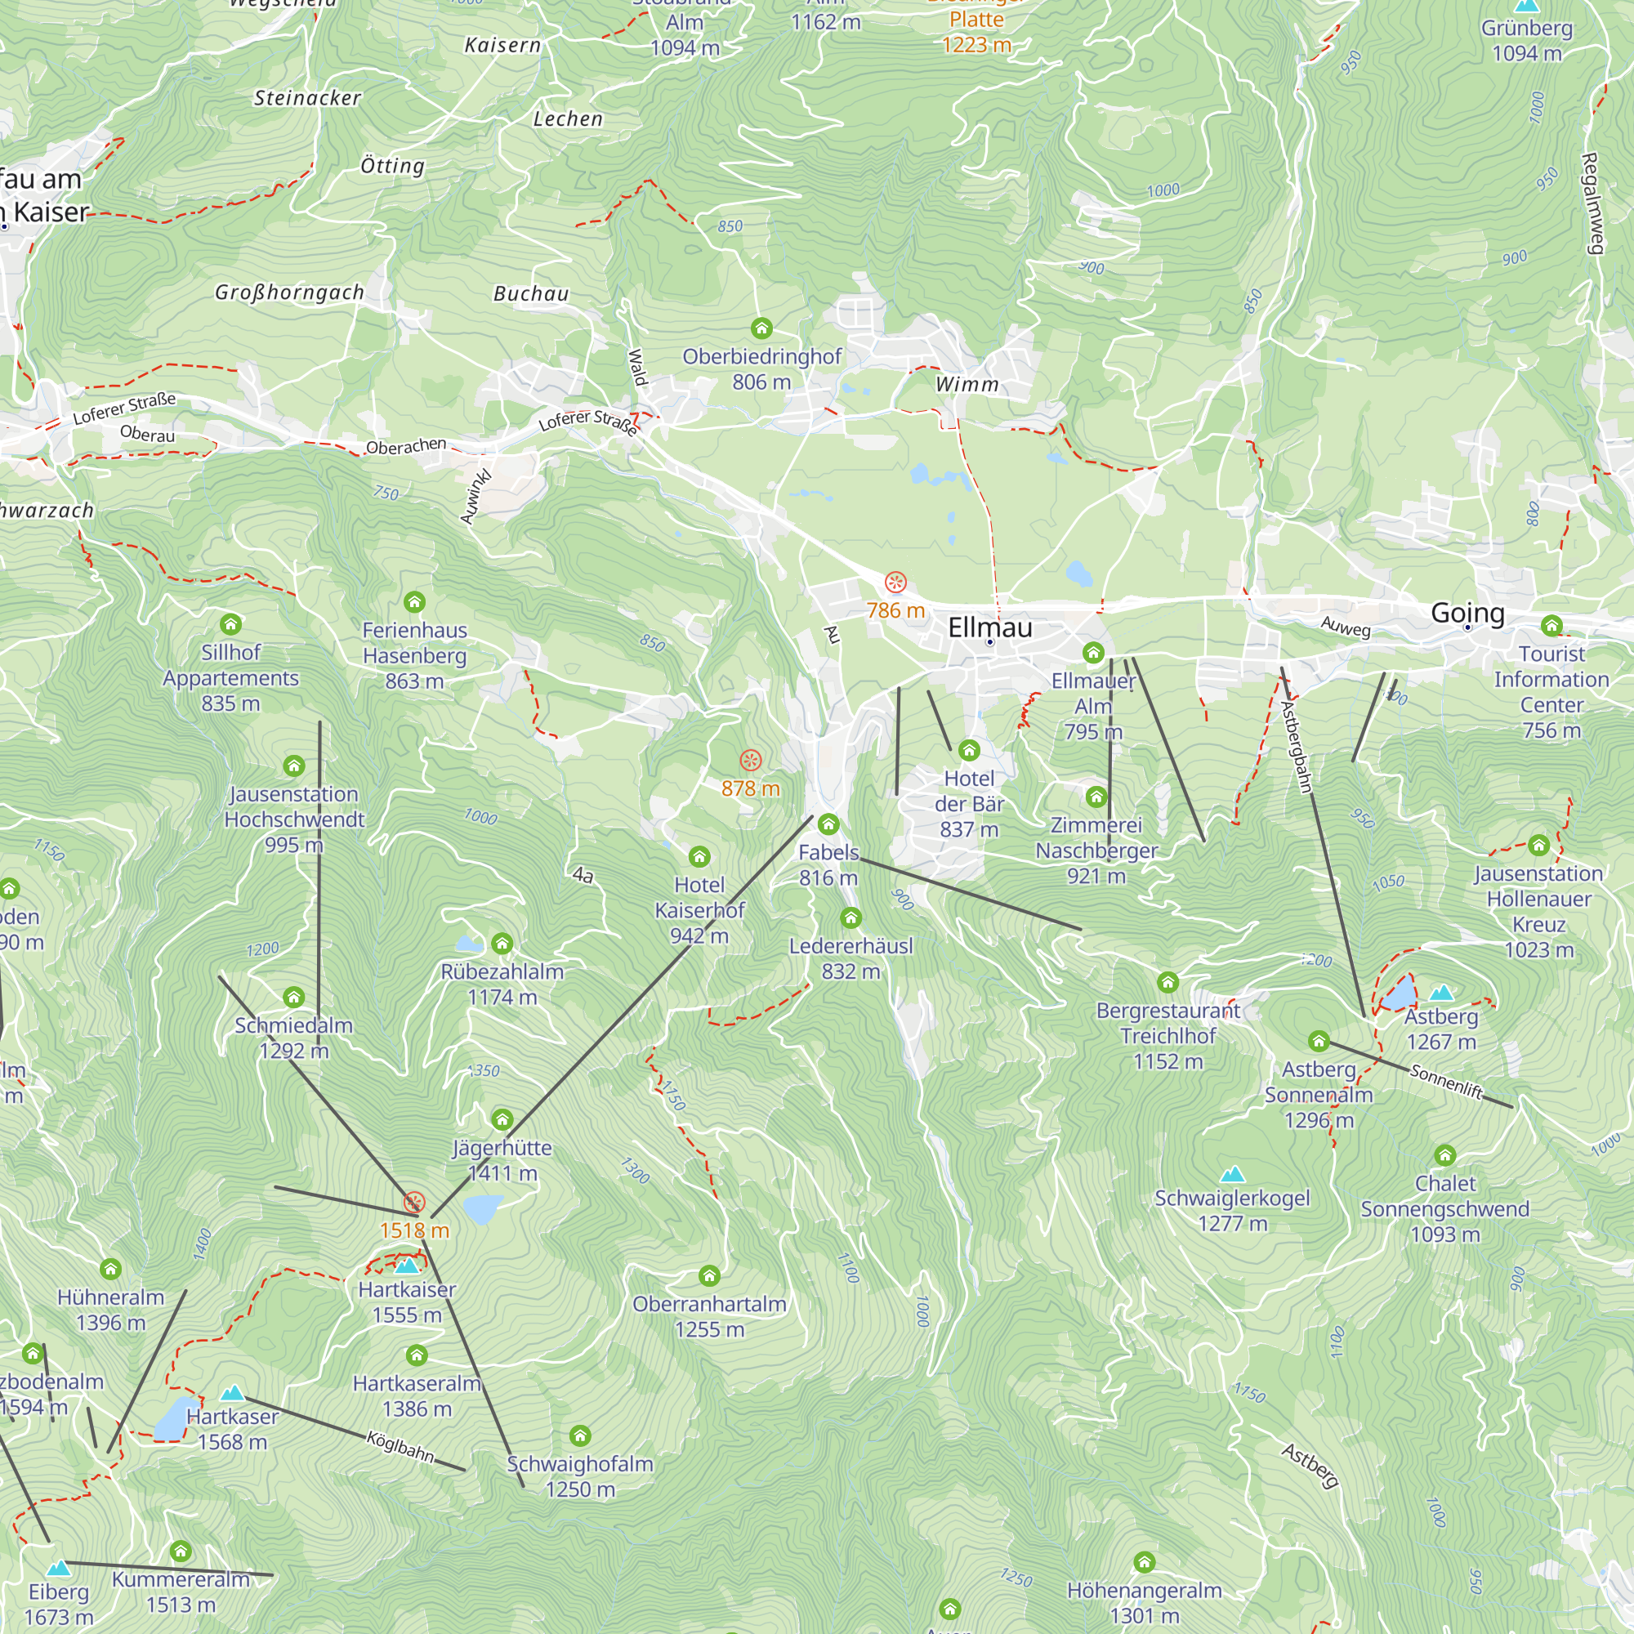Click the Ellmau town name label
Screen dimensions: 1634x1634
[x=989, y=627]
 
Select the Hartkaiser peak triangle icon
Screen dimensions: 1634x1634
[x=407, y=1266]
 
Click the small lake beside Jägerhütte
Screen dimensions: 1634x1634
[x=483, y=1208]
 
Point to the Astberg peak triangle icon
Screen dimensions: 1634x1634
[x=1441, y=992]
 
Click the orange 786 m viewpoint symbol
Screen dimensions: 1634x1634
[x=895, y=583]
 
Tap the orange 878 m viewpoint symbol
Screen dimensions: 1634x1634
[x=750, y=761]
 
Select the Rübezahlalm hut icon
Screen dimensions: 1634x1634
[x=502, y=944]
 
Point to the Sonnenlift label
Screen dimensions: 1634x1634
[x=1445, y=1082]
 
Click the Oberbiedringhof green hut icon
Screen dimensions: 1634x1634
[x=761, y=328]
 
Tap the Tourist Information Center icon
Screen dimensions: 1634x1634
[x=1551, y=626]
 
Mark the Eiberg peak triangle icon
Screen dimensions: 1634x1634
[x=58, y=1568]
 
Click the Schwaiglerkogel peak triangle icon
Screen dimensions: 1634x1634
[x=1232, y=1174]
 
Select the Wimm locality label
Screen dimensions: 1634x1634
[x=967, y=384]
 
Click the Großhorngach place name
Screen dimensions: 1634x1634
[x=289, y=292]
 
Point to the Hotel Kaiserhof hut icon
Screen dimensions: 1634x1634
[x=699, y=857]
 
